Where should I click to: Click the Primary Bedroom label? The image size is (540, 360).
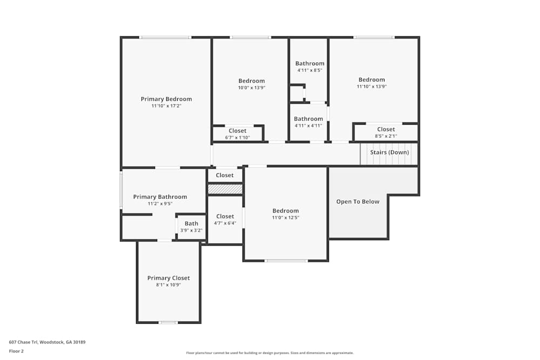[166, 99]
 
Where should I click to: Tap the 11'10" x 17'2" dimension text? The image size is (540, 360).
[166, 106]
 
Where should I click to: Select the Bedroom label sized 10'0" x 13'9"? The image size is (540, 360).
[252, 81]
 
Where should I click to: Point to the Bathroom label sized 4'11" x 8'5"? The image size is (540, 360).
[309, 63]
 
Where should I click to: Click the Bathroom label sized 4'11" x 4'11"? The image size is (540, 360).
[308, 119]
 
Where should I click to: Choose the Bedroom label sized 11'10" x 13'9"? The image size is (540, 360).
[372, 79]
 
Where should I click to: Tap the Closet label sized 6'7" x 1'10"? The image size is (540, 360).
[238, 131]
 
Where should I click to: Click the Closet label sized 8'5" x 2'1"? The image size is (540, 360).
[386, 129]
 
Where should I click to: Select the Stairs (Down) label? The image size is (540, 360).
[389, 152]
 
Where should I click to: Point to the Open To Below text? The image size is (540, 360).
[357, 202]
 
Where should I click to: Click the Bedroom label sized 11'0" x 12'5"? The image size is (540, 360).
[285, 210]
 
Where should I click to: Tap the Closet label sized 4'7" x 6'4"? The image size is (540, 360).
[225, 216]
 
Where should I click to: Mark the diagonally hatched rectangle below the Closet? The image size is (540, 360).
[225, 189]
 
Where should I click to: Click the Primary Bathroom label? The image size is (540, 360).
[160, 197]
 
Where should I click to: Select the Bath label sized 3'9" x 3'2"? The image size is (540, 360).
[191, 223]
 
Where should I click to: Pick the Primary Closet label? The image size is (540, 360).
[168, 278]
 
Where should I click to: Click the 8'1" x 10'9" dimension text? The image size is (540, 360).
[168, 285]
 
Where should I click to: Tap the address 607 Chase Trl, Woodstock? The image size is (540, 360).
[47, 342]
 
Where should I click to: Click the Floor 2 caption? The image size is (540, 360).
[16, 351]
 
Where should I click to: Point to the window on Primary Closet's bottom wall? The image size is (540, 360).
[168, 322]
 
